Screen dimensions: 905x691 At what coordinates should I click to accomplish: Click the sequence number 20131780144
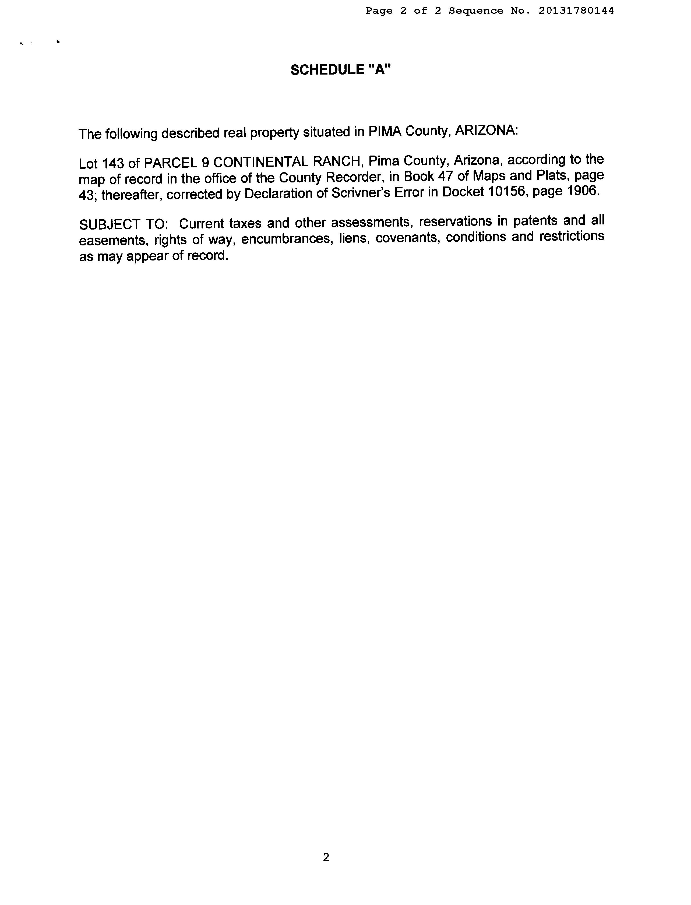tap(576, 11)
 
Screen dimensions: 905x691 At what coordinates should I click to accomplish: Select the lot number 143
tap(113, 163)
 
